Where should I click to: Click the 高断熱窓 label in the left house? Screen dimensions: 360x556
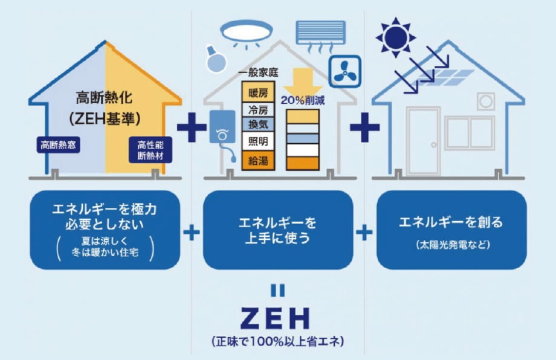pyautogui.click(x=59, y=145)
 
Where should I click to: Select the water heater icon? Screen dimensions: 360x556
pyautogui.click(x=221, y=129)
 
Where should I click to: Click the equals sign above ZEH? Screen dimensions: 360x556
pyautogui.click(x=277, y=291)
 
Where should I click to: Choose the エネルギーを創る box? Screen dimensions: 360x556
pyautogui.click(x=451, y=230)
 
